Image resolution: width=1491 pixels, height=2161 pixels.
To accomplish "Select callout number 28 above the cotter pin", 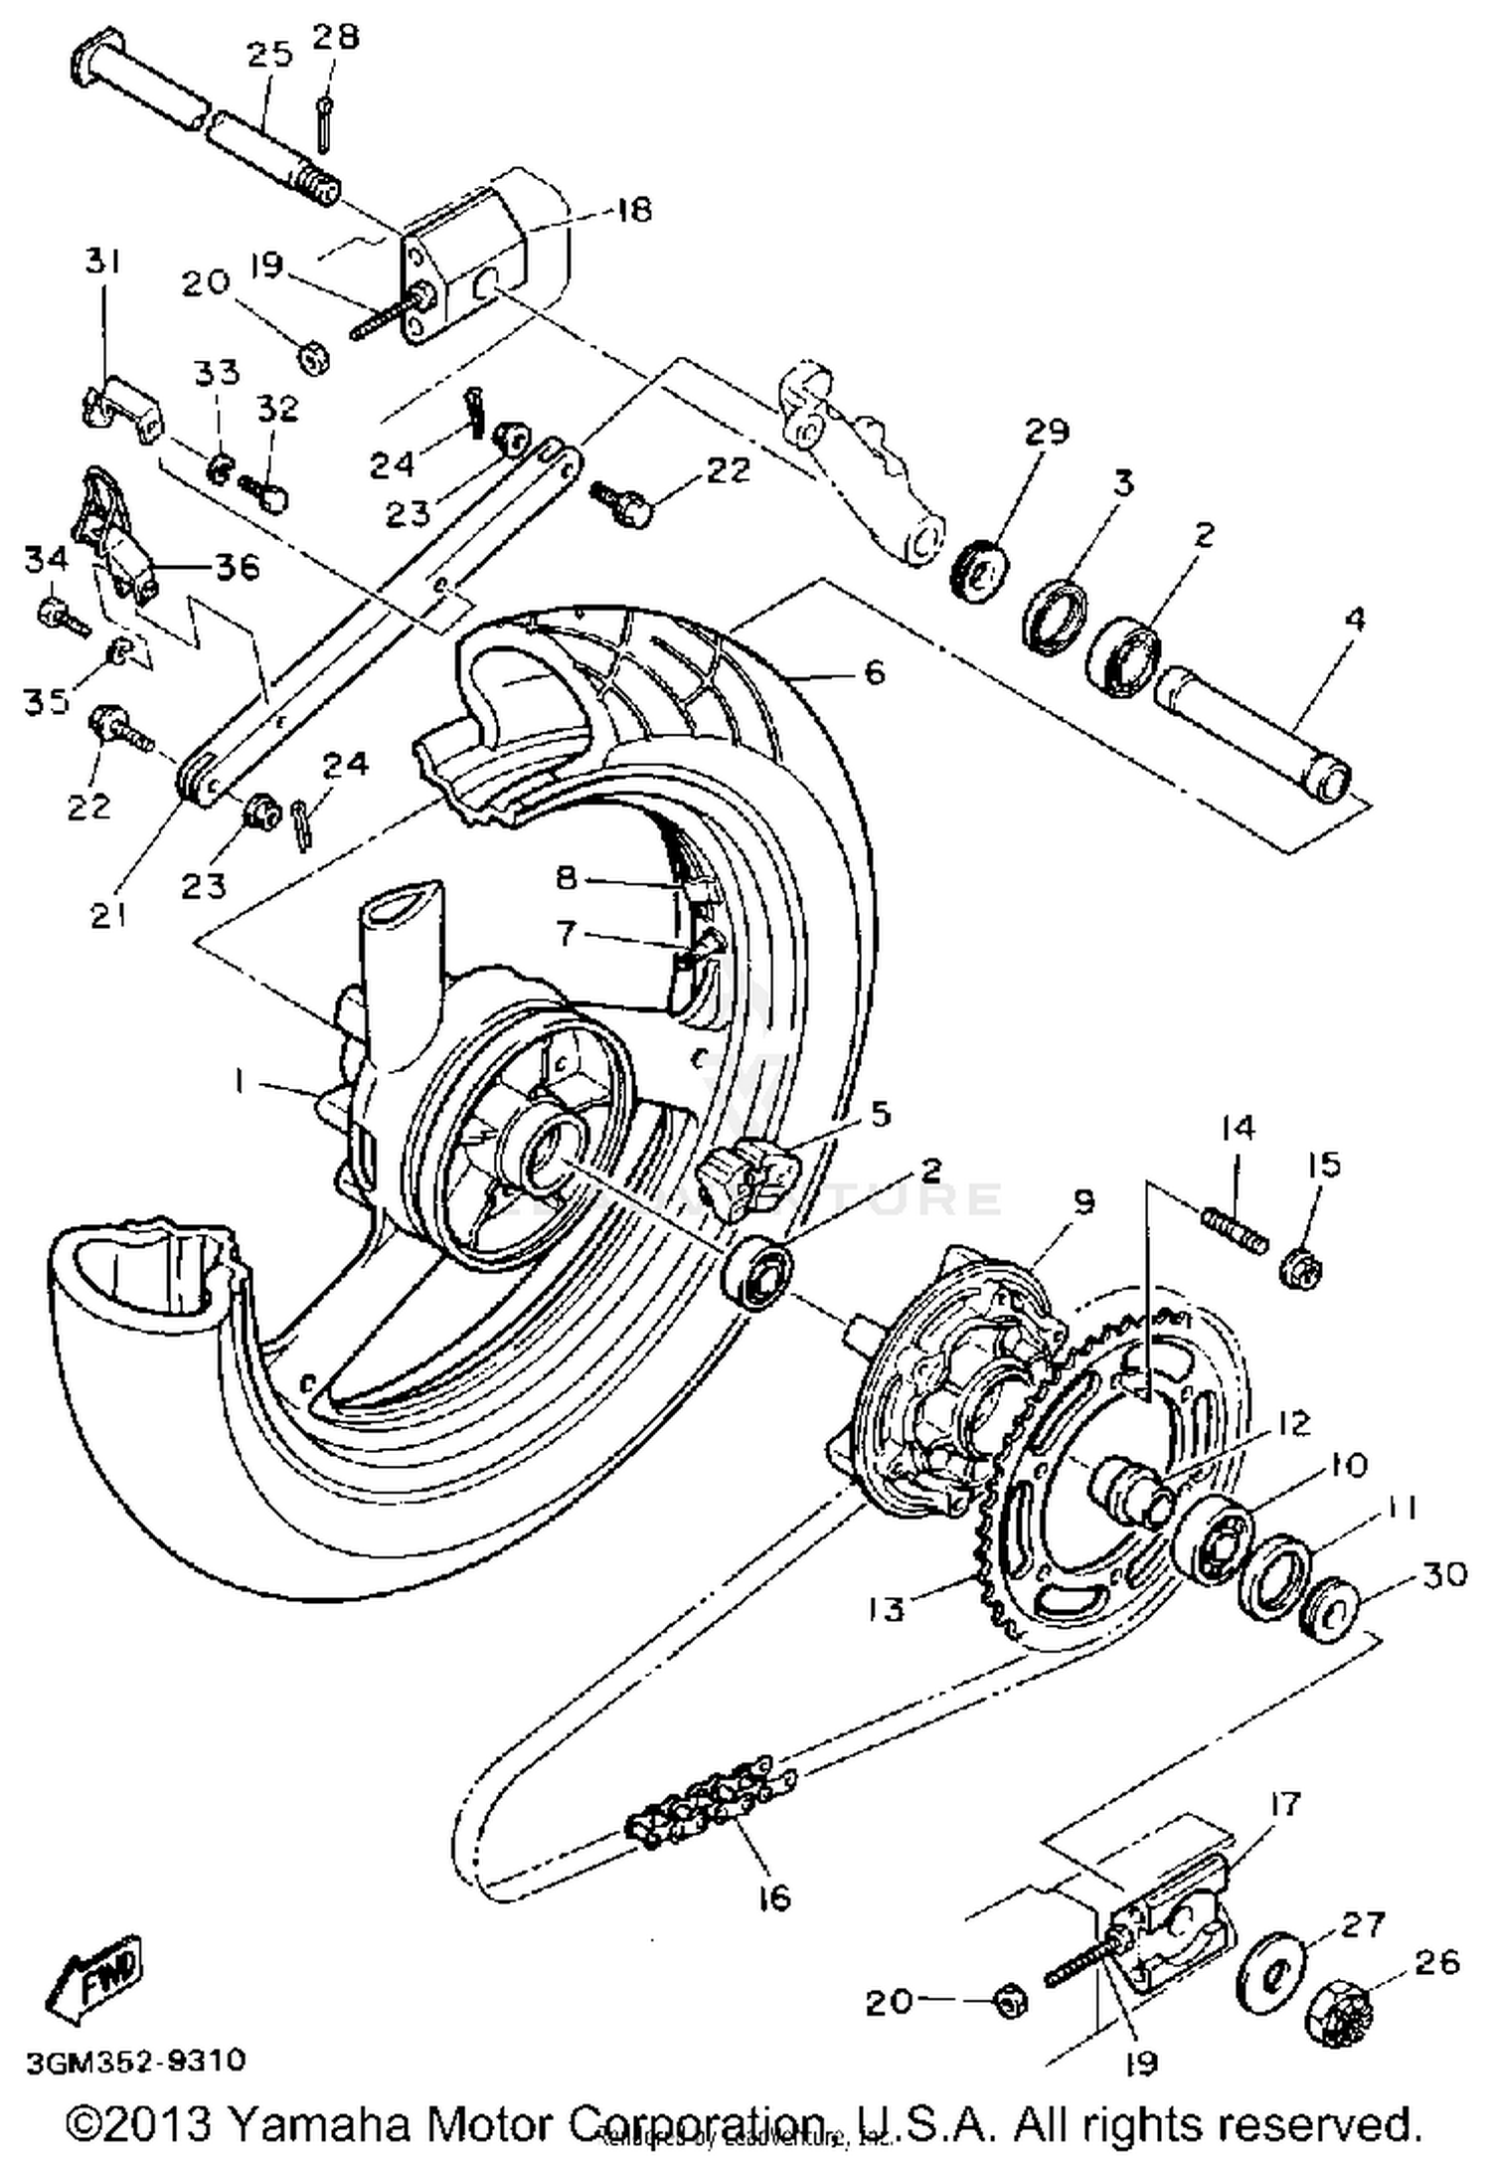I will click(x=335, y=37).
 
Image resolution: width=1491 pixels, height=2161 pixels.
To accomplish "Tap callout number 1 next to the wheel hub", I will click(x=239, y=1084).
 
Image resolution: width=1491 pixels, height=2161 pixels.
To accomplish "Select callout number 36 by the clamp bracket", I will click(x=235, y=567).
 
